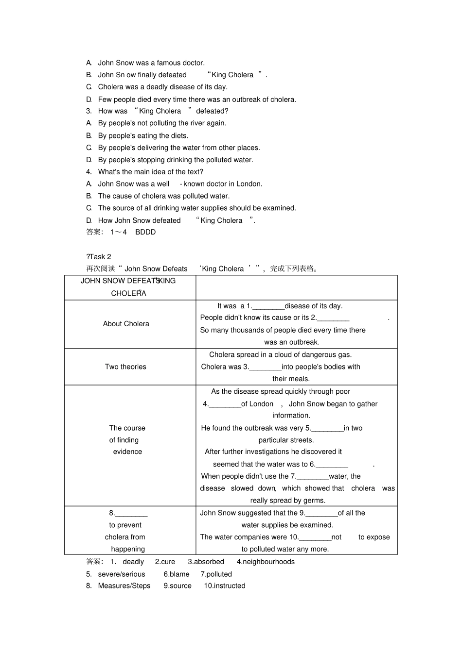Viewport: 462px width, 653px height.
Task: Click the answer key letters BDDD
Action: click(x=145, y=232)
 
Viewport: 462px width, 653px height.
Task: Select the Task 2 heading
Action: click(x=99, y=256)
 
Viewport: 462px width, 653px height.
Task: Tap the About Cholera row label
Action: click(x=126, y=324)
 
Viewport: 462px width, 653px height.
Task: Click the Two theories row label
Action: click(x=125, y=367)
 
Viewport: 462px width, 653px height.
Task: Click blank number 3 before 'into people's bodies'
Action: click(x=265, y=367)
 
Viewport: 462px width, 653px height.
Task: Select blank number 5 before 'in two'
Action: click(x=327, y=428)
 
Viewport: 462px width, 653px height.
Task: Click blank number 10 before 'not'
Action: click(x=315, y=537)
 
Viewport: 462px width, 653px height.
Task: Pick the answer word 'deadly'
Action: click(x=133, y=562)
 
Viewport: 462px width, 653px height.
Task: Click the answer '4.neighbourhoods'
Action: click(x=266, y=562)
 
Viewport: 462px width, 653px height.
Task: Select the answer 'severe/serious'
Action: click(x=122, y=574)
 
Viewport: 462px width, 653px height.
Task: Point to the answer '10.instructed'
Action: click(x=224, y=586)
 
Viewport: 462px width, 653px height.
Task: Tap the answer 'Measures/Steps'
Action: click(x=124, y=586)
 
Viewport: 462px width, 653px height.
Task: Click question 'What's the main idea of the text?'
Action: click(x=150, y=172)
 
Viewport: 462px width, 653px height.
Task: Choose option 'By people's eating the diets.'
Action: click(x=143, y=135)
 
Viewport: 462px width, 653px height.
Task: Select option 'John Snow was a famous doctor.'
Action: click(x=151, y=63)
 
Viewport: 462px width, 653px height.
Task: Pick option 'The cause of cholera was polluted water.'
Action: click(x=164, y=196)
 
